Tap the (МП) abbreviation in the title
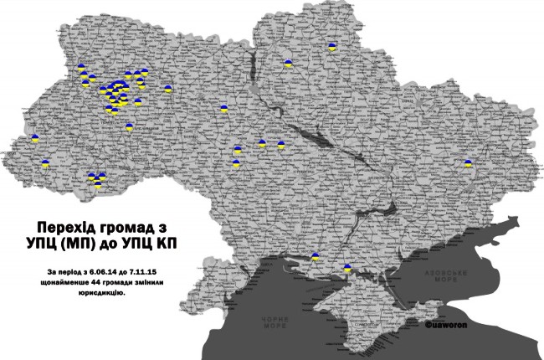(x=92, y=244)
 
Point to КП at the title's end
(x=168, y=244)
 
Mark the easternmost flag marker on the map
(x=469, y=164)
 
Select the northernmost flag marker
(x=332, y=48)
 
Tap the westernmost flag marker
(x=34, y=138)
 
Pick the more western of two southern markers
(x=315, y=258)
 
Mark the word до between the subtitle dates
(x=124, y=273)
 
